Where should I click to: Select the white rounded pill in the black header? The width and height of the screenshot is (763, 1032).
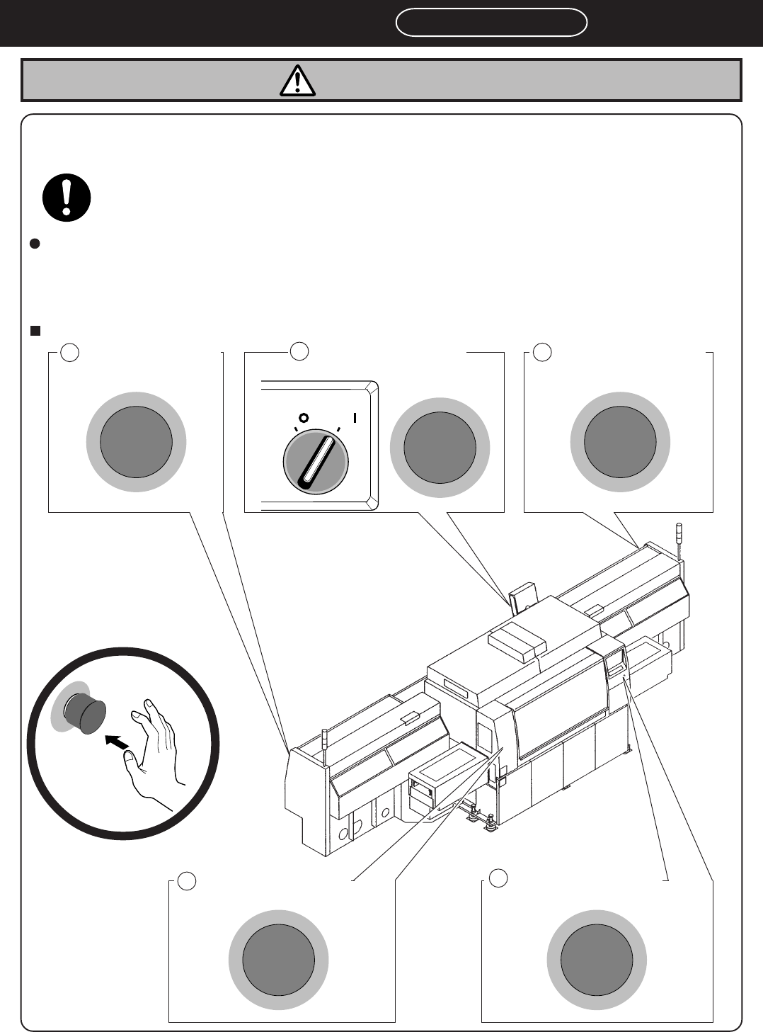pyautogui.click(x=491, y=23)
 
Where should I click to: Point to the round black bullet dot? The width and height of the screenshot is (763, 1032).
pyautogui.click(x=35, y=244)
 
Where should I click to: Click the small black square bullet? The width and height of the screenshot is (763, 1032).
pyautogui.click(x=35, y=330)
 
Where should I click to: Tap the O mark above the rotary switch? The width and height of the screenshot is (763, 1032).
pyautogui.click(x=302, y=418)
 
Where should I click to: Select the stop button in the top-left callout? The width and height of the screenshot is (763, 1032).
pyautogui.click(x=136, y=442)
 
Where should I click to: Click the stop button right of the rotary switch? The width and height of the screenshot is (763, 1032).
pyautogui.click(x=440, y=448)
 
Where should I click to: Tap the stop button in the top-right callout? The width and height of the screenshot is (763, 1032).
pyautogui.click(x=620, y=442)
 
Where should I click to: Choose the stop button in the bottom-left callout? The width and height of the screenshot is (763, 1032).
pyautogui.click(x=278, y=960)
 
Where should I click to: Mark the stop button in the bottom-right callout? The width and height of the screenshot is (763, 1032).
pyautogui.click(x=597, y=960)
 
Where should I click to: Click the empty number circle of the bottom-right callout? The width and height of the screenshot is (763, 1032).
pyautogui.click(x=498, y=878)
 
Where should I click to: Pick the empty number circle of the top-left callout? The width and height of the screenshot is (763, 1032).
pyautogui.click(x=69, y=351)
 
